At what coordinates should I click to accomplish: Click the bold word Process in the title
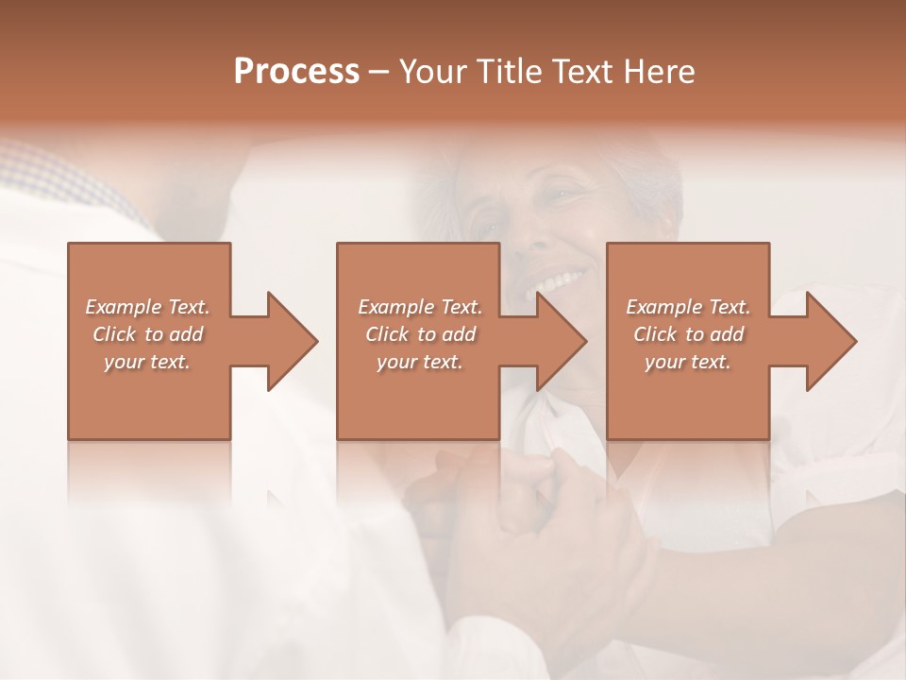click(x=296, y=72)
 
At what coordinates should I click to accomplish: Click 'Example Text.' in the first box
click(x=148, y=307)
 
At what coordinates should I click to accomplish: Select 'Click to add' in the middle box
click(x=421, y=334)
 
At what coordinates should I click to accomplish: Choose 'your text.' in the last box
click(x=688, y=362)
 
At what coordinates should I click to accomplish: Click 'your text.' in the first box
click(x=148, y=362)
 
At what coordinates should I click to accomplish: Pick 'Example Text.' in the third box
click(x=688, y=307)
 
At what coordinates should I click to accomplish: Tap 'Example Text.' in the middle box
click(x=421, y=307)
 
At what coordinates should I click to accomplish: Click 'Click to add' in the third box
click(x=688, y=334)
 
